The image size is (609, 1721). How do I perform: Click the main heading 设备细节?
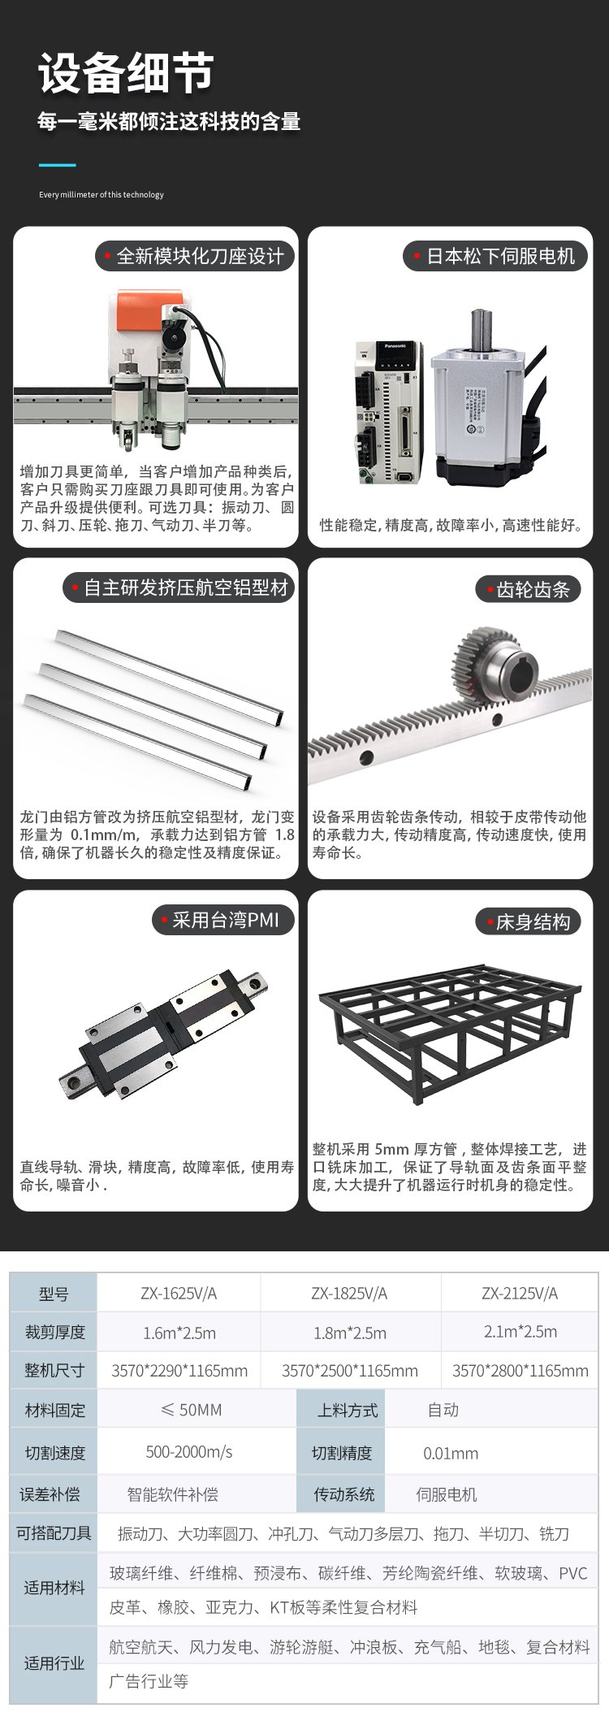pyautogui.click(x=126, y=73)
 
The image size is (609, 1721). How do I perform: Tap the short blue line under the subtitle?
pyautogui.click(x=57, y=165)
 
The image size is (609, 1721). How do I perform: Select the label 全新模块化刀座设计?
pyautogui.click(x=200, y=257)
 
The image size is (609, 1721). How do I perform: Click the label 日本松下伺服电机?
pyautogui.click(x=500, y=257)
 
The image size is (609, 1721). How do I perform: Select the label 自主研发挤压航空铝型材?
pyautogui.click(x=186, y=588)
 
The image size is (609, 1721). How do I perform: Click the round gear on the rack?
pyautogui.click(x=490, y=662)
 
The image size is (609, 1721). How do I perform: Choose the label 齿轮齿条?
pyautogui.click(x=533, y=590)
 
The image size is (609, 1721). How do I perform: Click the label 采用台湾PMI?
pyautogui.click(x=225, y=921)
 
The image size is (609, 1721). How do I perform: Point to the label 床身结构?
pyautogui.click(x=533, y=922)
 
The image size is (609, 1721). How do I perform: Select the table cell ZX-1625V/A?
pyautogui.click(x=179, y=1293)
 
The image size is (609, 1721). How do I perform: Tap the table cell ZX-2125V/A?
pyautogui.click(x=520, y=1293)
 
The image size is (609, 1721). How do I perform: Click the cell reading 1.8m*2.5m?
pyautogui.click(x=350, y=1333)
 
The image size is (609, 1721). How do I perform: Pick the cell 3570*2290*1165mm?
pyautogui.click(x=179, y=1371)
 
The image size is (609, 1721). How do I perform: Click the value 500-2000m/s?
pyautogui.click(x=189, y=1452)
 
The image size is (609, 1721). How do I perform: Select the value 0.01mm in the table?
pyautogui.click(x=451, y=1453)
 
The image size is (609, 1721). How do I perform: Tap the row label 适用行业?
pyautogui.click(x=54, y=1663)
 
